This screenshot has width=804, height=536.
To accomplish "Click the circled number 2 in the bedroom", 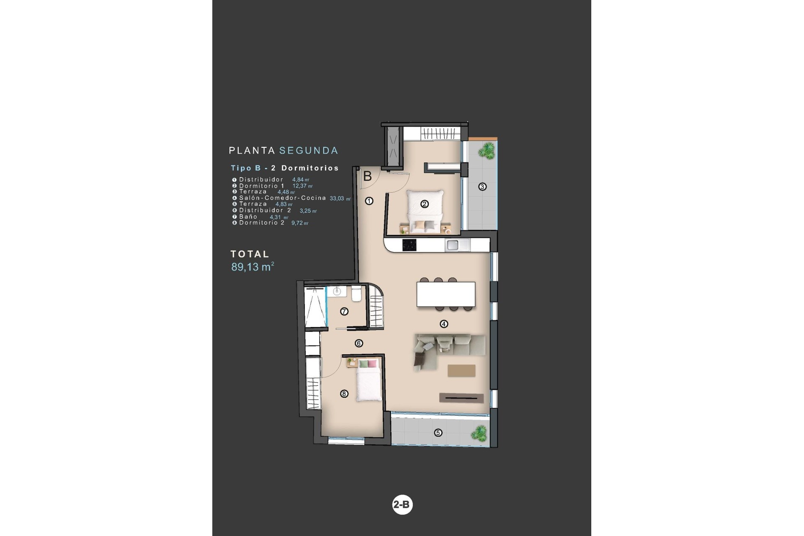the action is [425, 204].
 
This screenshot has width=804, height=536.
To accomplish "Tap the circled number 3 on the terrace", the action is [482, 186].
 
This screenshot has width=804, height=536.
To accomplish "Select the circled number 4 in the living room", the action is [444, 324].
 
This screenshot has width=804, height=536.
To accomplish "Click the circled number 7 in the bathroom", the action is [344, 312].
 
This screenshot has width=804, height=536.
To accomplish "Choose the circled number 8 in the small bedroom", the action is [344, 394].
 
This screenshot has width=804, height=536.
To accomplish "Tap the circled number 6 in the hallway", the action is [359, 343].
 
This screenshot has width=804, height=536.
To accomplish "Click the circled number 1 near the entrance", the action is [369, 201].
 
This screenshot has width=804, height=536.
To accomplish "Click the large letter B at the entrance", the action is [367, 176].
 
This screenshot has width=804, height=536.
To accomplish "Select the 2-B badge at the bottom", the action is [402, 505].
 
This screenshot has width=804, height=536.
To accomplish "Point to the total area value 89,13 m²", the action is [253, 267].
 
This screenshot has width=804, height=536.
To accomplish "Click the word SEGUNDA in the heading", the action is [309, 150].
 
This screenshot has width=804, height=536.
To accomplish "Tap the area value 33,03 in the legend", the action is [338, 198].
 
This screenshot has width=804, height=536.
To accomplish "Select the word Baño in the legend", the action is [248, 216].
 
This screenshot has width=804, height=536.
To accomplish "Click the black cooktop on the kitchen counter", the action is [410, 245].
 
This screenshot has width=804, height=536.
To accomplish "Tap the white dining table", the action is [446, 294].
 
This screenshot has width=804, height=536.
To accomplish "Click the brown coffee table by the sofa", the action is [461, 371].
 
